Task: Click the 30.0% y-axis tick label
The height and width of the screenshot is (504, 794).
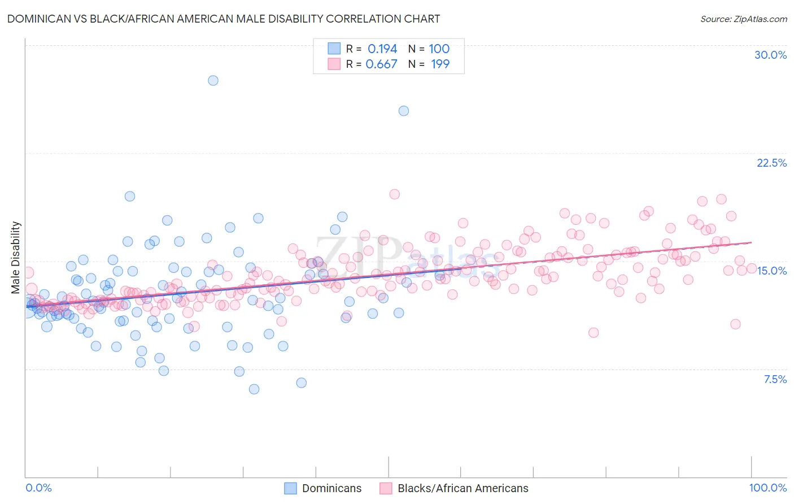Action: point(770,55)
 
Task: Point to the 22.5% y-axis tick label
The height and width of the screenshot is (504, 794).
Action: point(771,163)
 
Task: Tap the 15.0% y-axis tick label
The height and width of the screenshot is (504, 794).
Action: point(771,271)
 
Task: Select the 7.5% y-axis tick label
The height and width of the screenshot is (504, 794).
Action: point(775,379)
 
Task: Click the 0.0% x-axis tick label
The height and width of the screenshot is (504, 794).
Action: point(38,488)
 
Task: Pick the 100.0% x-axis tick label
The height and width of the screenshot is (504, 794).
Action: point(767,488)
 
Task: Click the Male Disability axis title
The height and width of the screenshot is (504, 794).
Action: point(15,257)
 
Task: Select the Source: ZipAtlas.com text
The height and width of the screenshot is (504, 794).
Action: point(743,19)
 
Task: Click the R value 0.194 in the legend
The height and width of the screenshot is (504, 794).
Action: point(382,49)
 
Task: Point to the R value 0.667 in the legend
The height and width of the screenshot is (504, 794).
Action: point(381,64)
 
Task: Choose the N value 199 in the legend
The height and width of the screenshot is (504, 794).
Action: point(440,64)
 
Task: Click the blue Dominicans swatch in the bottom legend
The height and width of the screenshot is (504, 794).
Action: point(290,488)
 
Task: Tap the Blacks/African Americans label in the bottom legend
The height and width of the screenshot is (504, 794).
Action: point(463,488)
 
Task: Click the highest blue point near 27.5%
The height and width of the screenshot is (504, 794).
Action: point(213,80)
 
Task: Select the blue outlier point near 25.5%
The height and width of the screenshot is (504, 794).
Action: point(403,111)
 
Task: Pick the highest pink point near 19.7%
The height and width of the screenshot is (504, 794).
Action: point(394,194)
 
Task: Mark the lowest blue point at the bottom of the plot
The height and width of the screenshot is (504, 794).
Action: point(254,389)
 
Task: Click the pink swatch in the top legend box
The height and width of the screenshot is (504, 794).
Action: point(334,64)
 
